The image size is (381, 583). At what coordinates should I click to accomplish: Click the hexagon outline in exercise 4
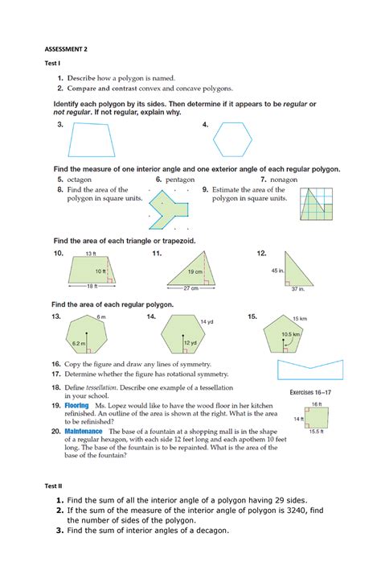[238, 143]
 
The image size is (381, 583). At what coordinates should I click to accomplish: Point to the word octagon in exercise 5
[79, 180]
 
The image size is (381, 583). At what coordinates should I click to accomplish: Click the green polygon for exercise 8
[170, 207]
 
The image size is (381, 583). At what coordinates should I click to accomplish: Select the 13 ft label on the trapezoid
[90, 254]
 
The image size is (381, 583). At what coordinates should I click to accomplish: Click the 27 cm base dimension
[191, 287]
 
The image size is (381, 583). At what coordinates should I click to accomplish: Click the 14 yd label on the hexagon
[207, 322]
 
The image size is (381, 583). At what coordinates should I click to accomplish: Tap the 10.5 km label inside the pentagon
[291, 333]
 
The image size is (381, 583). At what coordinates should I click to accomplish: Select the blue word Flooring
[77, 407]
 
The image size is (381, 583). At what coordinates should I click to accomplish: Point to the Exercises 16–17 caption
[317, 392]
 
